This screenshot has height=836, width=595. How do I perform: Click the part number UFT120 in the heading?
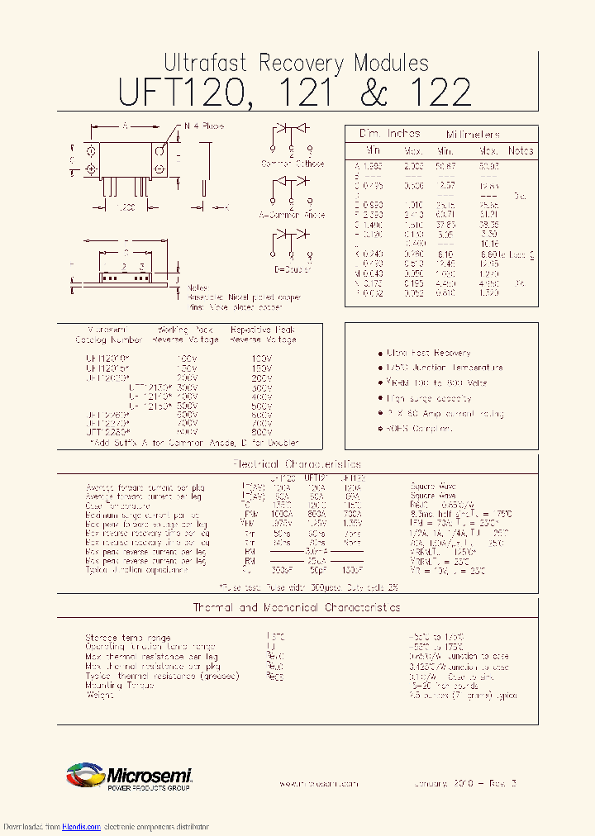[182, 93]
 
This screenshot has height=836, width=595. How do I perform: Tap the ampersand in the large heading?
[374, 93]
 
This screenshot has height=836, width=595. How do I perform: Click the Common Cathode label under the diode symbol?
[292, 164]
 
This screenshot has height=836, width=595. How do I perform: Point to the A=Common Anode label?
[293, 214]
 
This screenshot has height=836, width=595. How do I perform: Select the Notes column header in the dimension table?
[521, 151]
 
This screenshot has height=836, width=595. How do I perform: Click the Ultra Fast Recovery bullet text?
[429, 353]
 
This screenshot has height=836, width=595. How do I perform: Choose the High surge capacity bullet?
[429, 398]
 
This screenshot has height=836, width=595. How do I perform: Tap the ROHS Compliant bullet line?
[421, 429]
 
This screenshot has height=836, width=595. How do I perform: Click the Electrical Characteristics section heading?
[297, 464]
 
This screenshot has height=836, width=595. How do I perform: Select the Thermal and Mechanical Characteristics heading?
[297, 607]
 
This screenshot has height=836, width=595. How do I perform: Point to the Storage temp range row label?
[128, 638]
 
